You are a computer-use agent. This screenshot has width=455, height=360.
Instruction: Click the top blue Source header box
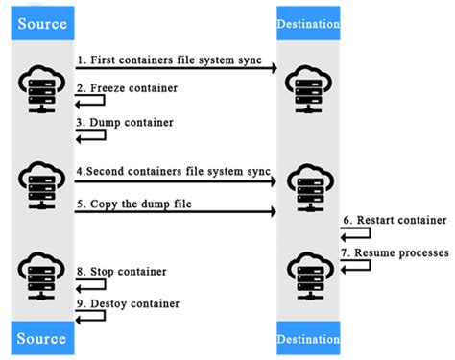click(x=39, y=21)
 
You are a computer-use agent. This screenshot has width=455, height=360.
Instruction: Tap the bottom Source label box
click(x=39, y=338)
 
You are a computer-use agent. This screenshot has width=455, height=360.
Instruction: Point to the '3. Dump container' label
click(x=120, y=123)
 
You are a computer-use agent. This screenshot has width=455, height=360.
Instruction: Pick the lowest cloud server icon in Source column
click(x=39, y=273)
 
